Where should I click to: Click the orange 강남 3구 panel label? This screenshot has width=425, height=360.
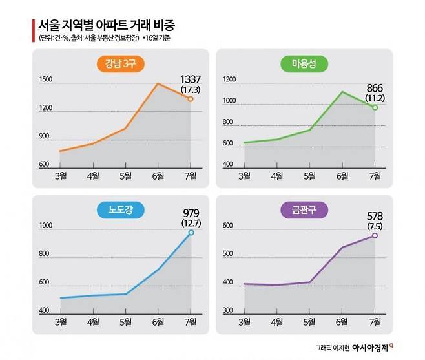[121, 63]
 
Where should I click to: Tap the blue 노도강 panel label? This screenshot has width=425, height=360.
[121, 209]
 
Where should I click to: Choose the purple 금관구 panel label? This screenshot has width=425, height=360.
[305, 209]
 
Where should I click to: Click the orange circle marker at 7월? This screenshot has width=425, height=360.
[191, 99]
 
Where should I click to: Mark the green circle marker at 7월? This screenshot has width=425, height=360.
[375, 107]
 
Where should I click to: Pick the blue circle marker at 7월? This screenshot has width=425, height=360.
[191, 232]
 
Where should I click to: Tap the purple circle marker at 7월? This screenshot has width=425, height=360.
[375, 235]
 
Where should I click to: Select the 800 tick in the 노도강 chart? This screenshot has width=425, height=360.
[45, 254]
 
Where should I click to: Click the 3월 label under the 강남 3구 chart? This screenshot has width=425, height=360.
[61, 176]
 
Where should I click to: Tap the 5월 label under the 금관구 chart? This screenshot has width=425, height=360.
[310, 322]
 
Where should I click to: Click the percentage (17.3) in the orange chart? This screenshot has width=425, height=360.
[190, 89]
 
